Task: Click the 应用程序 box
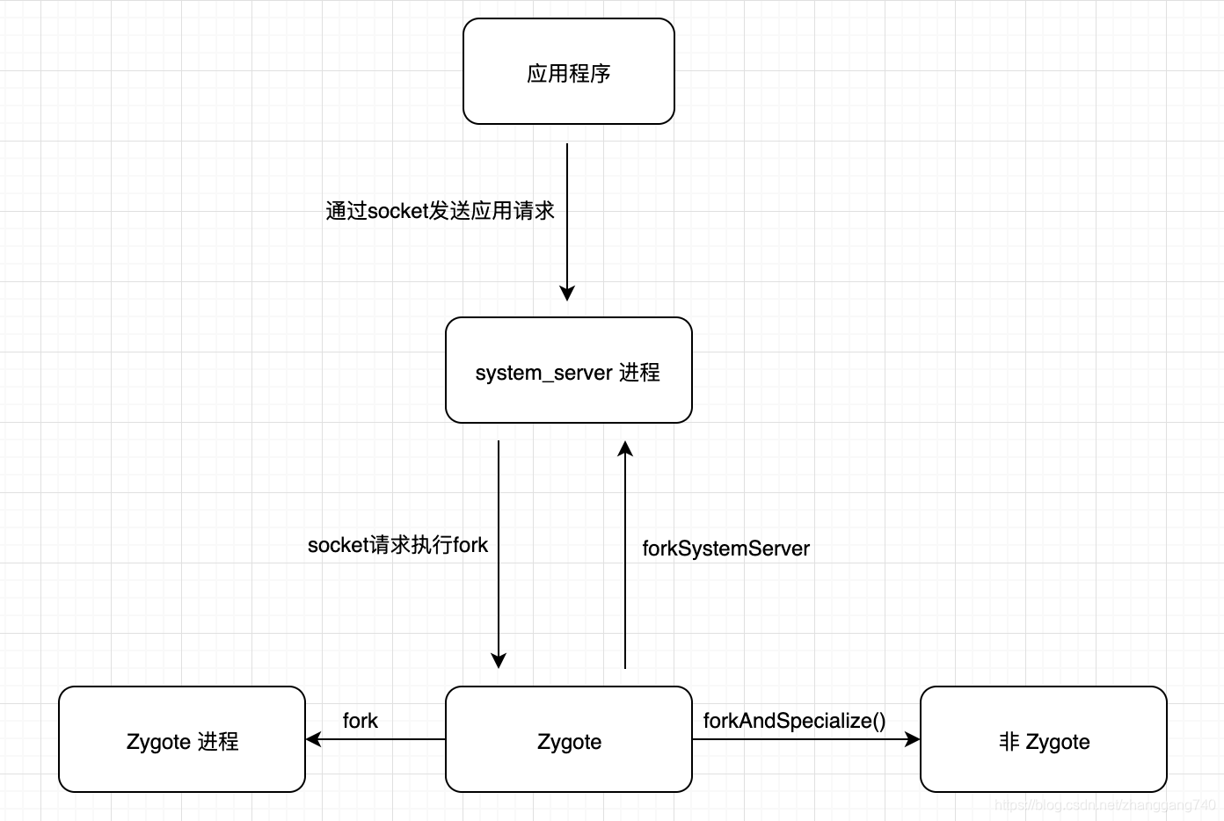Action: pos(568,72)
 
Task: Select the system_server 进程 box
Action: pos(568,371)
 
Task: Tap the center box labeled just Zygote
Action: pos(568,740)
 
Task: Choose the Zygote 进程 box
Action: pos(182,740)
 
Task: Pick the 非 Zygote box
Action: pos(1043,740)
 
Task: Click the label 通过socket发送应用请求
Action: pos(440,211)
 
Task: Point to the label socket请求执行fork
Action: pos(397,545)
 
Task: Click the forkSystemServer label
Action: pos(725,549)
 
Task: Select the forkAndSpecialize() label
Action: pos(794,721)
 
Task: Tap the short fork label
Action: pos(360,721)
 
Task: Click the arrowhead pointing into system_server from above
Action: pos(567,294)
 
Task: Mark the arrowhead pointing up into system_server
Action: pos(625,449)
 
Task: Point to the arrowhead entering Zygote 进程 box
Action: pos(314,739)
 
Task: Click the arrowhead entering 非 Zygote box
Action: pos(913,739)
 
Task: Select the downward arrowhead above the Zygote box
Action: pos(499,661)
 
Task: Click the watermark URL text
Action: pos(1104,804)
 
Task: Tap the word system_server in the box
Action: pos(543,373)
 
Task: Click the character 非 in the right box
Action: pos(1009,741)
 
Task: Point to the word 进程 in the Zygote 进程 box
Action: pos(218,741)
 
